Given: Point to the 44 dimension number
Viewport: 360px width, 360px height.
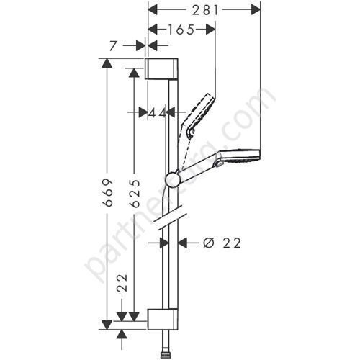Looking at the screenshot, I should click(x=158, y=112).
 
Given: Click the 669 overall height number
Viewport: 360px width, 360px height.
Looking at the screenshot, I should click(x=106, y=192).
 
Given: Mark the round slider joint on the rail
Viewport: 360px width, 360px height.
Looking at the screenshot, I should click(x=173, y=179).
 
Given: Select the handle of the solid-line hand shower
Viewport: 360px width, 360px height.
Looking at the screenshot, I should click(x=198, y=170).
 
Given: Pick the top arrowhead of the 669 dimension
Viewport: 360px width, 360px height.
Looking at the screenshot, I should click(x=106, y=64).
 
